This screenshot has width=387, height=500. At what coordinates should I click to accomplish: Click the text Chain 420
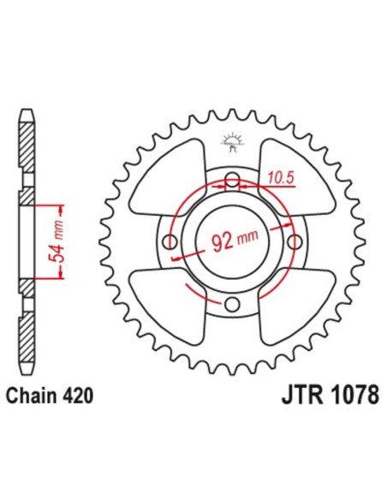[53, 396]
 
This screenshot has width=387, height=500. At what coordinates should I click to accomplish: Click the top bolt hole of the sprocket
[231, 181]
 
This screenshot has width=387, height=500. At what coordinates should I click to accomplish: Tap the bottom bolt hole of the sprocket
[231, 304]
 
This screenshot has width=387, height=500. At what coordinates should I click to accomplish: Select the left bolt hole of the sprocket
[170, 242]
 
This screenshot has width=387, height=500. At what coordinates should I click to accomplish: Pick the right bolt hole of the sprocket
[293, 242]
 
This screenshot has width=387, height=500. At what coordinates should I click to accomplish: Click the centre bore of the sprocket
[231, 242]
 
